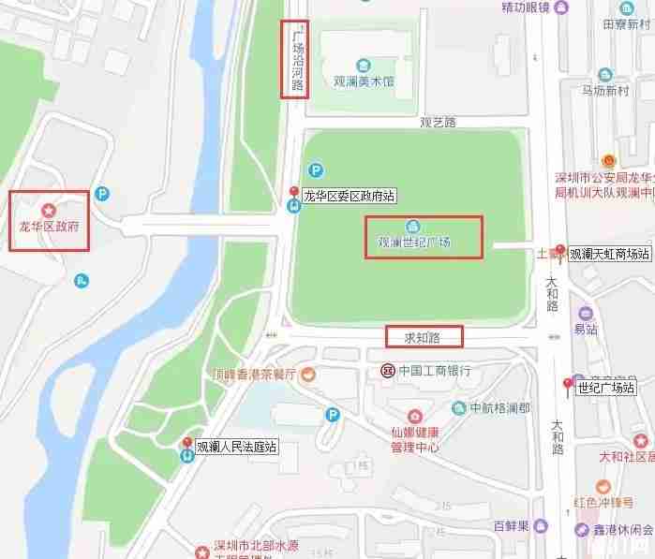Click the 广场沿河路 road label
click(x=297, y=59)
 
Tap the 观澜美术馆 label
click(x=364, y=81)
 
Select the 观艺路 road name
click(x=437, y=122)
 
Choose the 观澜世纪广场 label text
click(x=413, y=243)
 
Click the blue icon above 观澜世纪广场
click(x=412, y=227)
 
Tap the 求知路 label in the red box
click(x=424, y=335)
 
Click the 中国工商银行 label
click(x=434, y=370)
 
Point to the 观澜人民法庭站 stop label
click(x=236, y=447)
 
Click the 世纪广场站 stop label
click(x=605, y=387)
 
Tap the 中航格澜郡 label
click(x=499, y=408)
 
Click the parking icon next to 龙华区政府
click(x=102, y=194)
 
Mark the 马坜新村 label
click(x=604, y=91)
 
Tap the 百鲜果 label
click(x=513, y=524)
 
